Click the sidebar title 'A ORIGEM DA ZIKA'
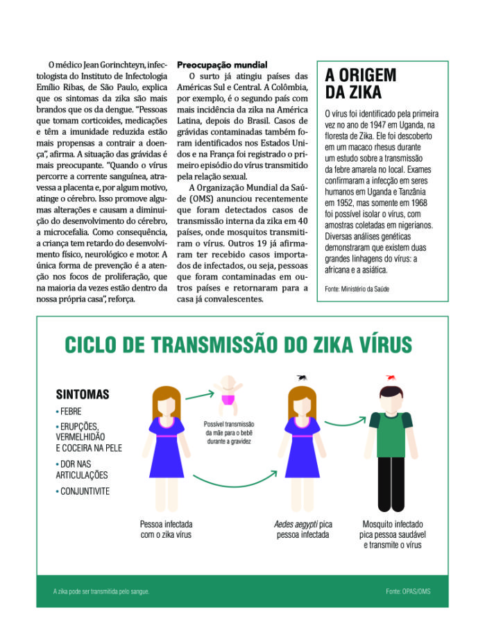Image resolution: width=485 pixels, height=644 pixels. click(360, 83)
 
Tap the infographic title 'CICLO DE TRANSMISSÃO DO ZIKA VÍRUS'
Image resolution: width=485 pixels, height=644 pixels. click(238, 345)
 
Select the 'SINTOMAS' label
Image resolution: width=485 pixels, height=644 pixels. click(83, 394)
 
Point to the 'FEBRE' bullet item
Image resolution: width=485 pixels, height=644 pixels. click(69, 412)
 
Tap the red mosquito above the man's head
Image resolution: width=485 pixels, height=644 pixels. click(392, 378)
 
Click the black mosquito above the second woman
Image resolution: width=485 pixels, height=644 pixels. click(302, 378)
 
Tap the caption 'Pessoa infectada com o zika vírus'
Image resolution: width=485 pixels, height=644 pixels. click(166, 529)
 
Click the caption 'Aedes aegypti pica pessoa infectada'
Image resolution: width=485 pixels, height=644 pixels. click(302, 529)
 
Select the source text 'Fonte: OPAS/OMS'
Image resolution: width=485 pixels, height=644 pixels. click(408, 591)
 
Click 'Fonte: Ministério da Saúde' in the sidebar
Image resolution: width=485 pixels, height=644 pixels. click(357, 288)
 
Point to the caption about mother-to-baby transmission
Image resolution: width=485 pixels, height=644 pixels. click(228, 432)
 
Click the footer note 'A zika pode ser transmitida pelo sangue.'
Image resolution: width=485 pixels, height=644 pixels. click(101, 591)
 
